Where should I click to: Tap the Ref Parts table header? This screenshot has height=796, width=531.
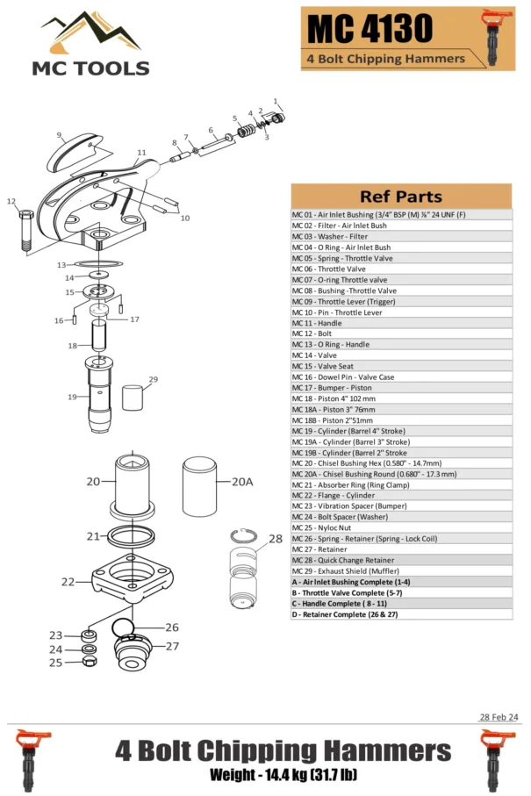click(400, 197)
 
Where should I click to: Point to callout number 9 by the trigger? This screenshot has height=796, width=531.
click(60, 135)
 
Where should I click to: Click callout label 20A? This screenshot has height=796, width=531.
click(242, 482)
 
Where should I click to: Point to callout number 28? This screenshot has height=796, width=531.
click(276, 539)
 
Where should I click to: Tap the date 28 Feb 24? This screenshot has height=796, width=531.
click(499, 717)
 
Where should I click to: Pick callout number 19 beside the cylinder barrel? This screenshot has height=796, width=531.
click(72, 397)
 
